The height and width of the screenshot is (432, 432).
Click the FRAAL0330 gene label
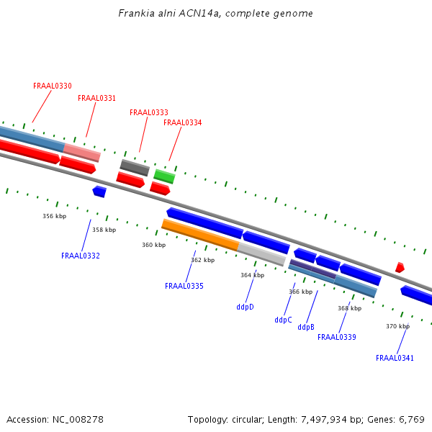(53, 86)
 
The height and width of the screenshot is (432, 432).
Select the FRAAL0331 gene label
(97, 99)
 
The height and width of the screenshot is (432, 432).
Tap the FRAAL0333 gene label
(149, 113)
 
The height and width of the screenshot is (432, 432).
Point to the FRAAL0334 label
(183, 123)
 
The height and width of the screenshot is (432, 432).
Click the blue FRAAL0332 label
(81, 256)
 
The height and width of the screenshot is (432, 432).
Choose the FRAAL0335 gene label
(184, 287)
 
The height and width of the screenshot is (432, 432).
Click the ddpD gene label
(245, 307)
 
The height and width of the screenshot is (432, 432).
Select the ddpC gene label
(283, 320)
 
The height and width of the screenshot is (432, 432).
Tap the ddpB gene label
(306, 328)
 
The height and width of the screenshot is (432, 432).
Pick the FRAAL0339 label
(337, 338)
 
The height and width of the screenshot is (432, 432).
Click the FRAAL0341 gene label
(395, 359)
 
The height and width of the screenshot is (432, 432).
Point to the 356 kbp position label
(54, 216)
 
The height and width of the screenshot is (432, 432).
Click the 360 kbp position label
(153, 246)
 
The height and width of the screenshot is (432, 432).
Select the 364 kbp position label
(252, 276)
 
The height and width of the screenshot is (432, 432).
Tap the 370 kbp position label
(397, 327)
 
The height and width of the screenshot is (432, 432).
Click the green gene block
(164, 176)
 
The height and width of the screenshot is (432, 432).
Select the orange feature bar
(200, 235)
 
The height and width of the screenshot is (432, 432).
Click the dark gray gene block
(135, 168)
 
